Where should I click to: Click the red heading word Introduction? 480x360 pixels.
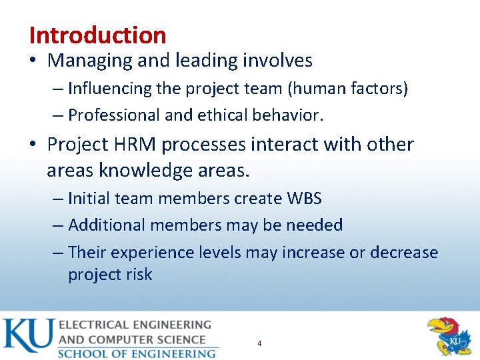[97, 35]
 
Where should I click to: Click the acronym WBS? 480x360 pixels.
[304, 198]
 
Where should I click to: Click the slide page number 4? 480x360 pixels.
[259, 343]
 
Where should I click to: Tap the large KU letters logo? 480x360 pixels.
[28, 336]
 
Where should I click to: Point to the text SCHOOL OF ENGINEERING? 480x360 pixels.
[137, 353]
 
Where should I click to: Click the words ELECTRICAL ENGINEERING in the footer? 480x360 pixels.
[135, 325]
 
